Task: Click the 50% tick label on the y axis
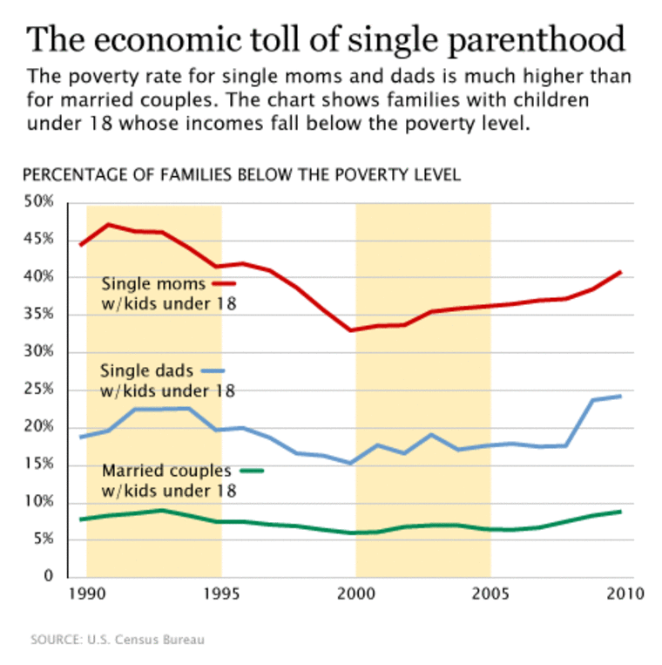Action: [38, 202]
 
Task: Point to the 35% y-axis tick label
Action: [38, 315]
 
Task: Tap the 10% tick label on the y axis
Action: [38, 502]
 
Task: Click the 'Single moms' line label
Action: [153, 283]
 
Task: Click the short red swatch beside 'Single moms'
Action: [224, 283]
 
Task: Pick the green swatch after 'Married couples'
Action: [251, 471]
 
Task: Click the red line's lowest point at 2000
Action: [351, 330]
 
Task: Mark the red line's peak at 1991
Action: [109, 225]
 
